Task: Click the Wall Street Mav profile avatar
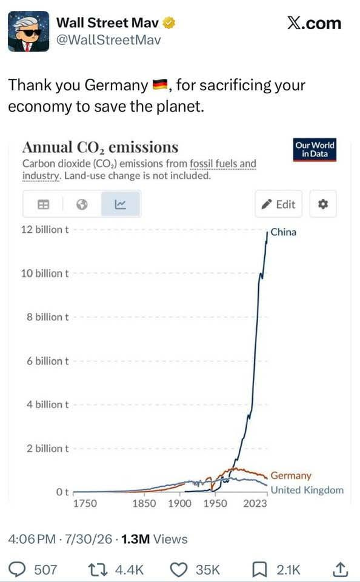tap(28, 32)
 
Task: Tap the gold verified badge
tap(169, 23)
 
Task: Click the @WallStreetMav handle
tap(108, 40)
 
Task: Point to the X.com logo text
tap(314, 23)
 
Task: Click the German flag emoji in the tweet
tap(161, 85)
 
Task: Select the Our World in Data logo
tap(315, 150)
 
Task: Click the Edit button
tap(278, 204)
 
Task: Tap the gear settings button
tap(323, 204)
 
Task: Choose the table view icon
tap(44, 204)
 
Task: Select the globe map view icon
tap(82, 204)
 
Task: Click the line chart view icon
tap(120, 204)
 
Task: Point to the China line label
tap(284, 232)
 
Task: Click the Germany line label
tap(291, 475)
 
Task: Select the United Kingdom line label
tap(307, 490)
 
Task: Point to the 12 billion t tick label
tap(45, 229)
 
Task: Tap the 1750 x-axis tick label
tap(85, 503)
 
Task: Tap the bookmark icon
tap(259, 569)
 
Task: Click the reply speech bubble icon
tap(16, 569)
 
